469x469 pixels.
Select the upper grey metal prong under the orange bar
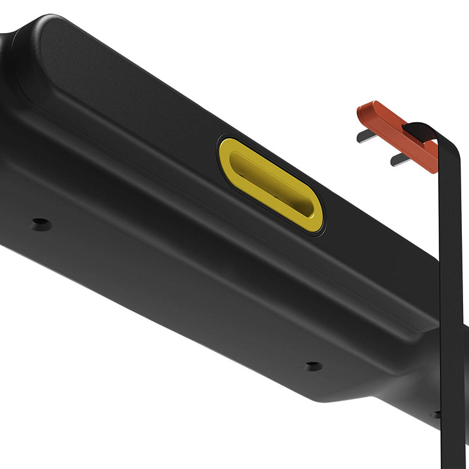click(x=365, y=137)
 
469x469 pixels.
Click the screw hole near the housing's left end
click(x=41, y=224)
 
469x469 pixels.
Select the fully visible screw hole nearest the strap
click(x=312, y=366)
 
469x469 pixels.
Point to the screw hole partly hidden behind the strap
click(x=436, y=414)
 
